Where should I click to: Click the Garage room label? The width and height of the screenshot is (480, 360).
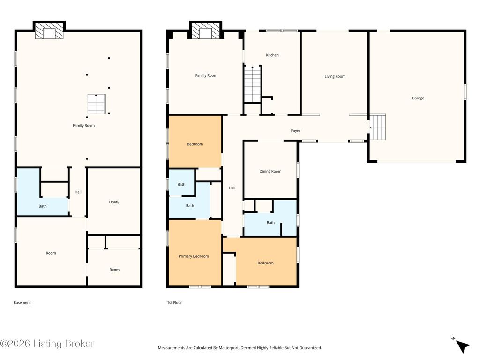pos(418,98)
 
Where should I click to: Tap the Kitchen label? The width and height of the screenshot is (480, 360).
pos(272,55)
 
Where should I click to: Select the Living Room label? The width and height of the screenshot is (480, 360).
pos(335,76)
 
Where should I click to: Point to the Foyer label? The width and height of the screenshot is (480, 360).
pos(295,131)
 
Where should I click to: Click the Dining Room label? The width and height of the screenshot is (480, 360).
pos(270,172)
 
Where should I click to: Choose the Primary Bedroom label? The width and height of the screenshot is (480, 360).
pos(194,256)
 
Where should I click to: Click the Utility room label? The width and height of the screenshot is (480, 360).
pos(114,202)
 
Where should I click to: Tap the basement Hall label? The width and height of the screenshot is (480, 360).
pos(78,192)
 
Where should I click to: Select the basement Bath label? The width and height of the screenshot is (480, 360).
pos(43,206)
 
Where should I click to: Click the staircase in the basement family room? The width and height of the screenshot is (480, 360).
pos(97,104)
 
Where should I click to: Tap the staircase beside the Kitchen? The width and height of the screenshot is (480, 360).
pos(253,84)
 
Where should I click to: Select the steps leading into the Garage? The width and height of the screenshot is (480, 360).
pos(377,127)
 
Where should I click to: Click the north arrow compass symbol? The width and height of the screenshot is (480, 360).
pos(461,345)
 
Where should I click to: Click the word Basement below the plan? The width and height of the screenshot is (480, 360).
pos(22,303)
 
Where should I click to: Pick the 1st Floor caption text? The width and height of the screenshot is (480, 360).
pos(174,303)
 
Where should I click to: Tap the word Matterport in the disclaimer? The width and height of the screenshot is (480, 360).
pos(229,348)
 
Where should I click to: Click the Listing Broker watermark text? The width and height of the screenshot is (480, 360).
pos(47,344)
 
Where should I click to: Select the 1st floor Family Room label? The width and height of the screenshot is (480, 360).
pos(206,75)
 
